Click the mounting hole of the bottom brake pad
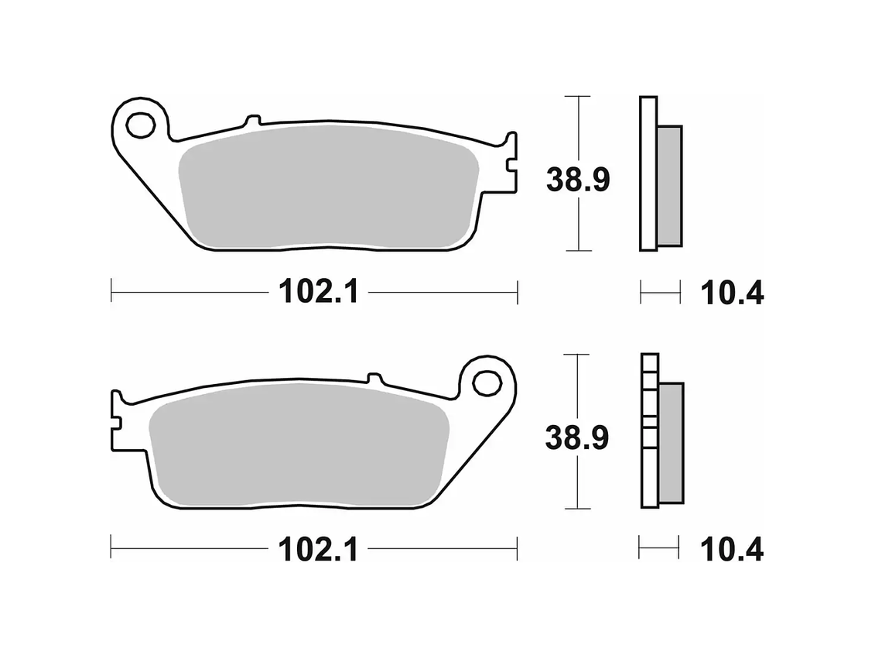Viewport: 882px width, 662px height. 487,382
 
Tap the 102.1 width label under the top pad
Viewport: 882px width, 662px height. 318,293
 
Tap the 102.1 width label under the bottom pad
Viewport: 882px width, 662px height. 318,550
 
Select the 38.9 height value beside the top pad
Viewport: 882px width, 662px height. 578,180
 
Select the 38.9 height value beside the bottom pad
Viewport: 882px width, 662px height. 578,438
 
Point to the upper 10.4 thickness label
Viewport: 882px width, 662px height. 731,293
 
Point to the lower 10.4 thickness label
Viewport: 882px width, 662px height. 731,551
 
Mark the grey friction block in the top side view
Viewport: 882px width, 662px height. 670,186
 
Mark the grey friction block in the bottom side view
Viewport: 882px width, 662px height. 671,443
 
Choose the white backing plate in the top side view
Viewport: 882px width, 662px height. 648,173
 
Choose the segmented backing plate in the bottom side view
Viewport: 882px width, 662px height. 650,430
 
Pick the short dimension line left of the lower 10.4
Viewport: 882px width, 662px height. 658,547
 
